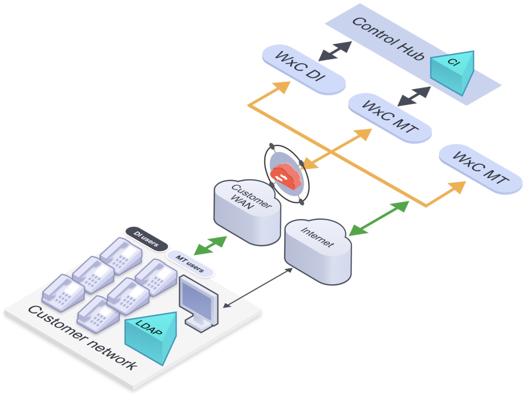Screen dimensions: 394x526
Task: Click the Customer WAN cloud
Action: pos(247,212)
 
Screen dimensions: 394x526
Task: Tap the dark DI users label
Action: pos(147,239)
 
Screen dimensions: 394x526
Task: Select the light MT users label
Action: pos(190,263)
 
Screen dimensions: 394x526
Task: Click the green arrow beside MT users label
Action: pos(210,245)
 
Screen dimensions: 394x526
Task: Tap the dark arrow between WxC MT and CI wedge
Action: pos(414,96)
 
